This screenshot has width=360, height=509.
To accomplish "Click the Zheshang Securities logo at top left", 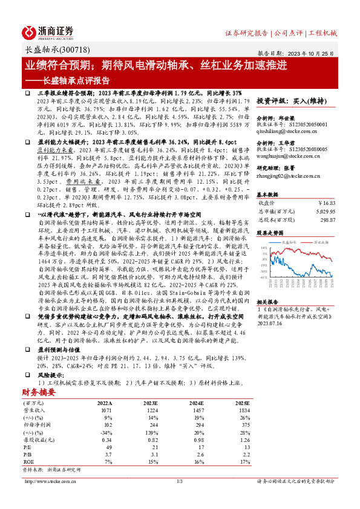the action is click(48, 31).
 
